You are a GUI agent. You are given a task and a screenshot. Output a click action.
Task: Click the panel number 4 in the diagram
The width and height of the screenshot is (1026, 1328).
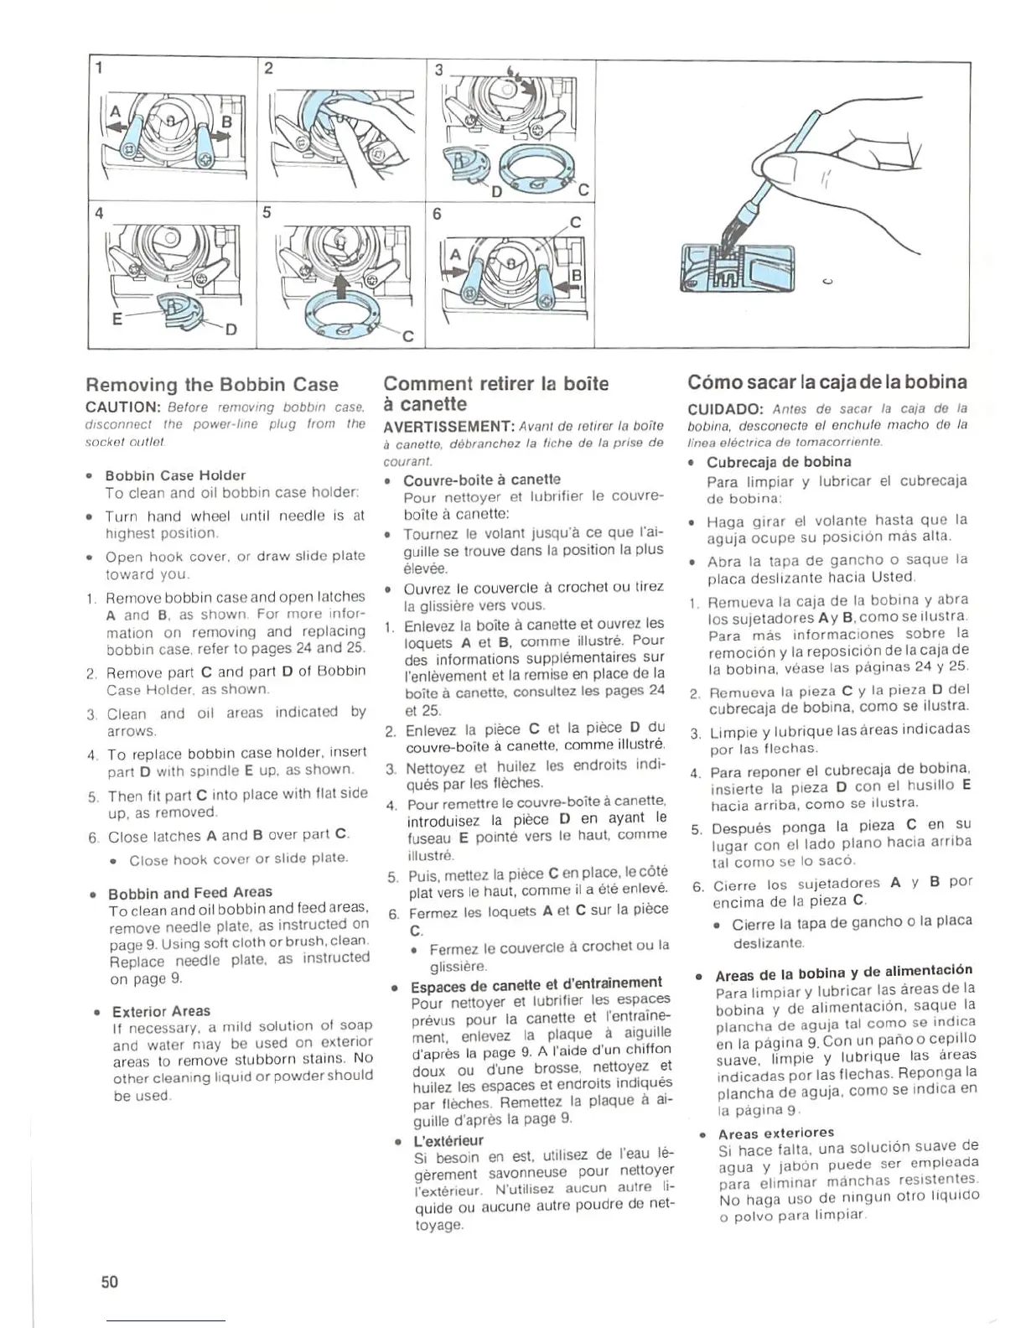click(101, 212)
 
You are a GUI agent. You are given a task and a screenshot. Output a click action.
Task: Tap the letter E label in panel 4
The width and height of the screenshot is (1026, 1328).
click(118, 319)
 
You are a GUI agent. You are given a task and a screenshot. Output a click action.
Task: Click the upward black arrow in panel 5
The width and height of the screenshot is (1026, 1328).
click(343, 287)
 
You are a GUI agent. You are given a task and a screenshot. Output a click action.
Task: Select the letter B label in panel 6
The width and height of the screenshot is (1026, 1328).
click(576, 274)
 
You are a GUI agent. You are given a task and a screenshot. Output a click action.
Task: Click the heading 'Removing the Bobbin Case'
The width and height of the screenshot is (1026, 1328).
click(212, 385)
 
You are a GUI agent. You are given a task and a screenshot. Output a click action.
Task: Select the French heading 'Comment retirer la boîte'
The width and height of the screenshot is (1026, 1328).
click(496, 384)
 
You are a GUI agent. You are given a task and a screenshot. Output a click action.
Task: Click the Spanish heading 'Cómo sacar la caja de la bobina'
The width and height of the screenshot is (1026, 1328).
click(827, 383)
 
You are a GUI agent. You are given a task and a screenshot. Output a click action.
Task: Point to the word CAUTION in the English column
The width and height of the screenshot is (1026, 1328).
click(123, 407)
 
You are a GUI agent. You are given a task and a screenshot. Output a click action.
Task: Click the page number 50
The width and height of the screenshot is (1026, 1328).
click(110, 1282)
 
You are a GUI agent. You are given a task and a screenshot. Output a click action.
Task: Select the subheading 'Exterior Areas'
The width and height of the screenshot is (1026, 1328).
click(161, 1011)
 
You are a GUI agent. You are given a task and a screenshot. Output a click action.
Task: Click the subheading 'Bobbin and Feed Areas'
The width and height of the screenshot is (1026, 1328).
click(190, 892)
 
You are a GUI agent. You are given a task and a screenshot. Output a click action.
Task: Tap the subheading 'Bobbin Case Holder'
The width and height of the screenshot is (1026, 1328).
click(175, 475)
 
